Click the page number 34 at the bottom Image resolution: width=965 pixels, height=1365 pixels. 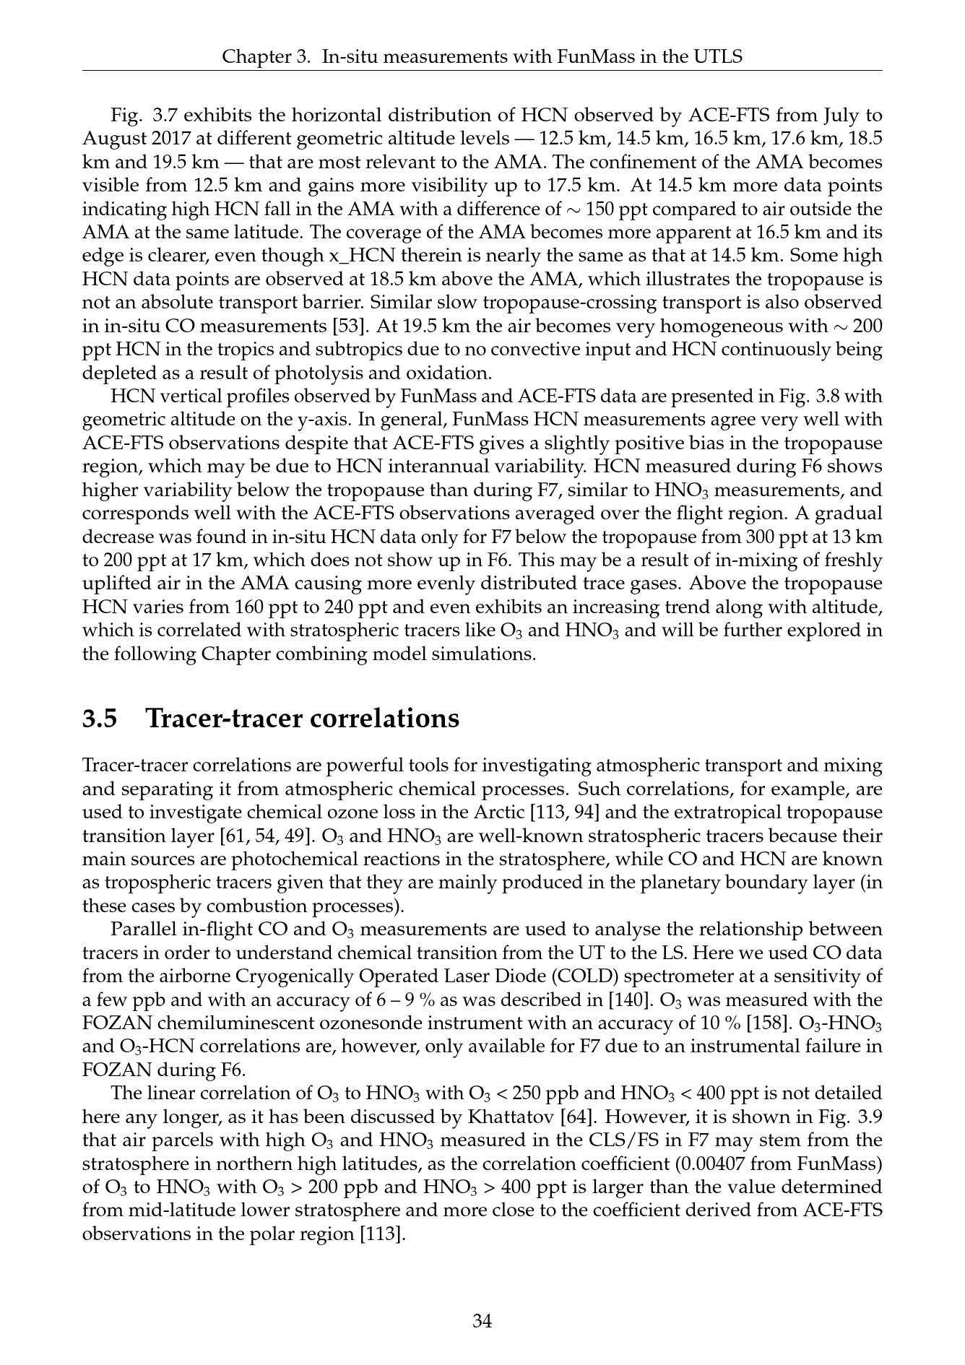pyautogui.click(x=482, y=1322)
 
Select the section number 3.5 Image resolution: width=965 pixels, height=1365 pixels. pyautogui.click(x=100, y=719)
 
